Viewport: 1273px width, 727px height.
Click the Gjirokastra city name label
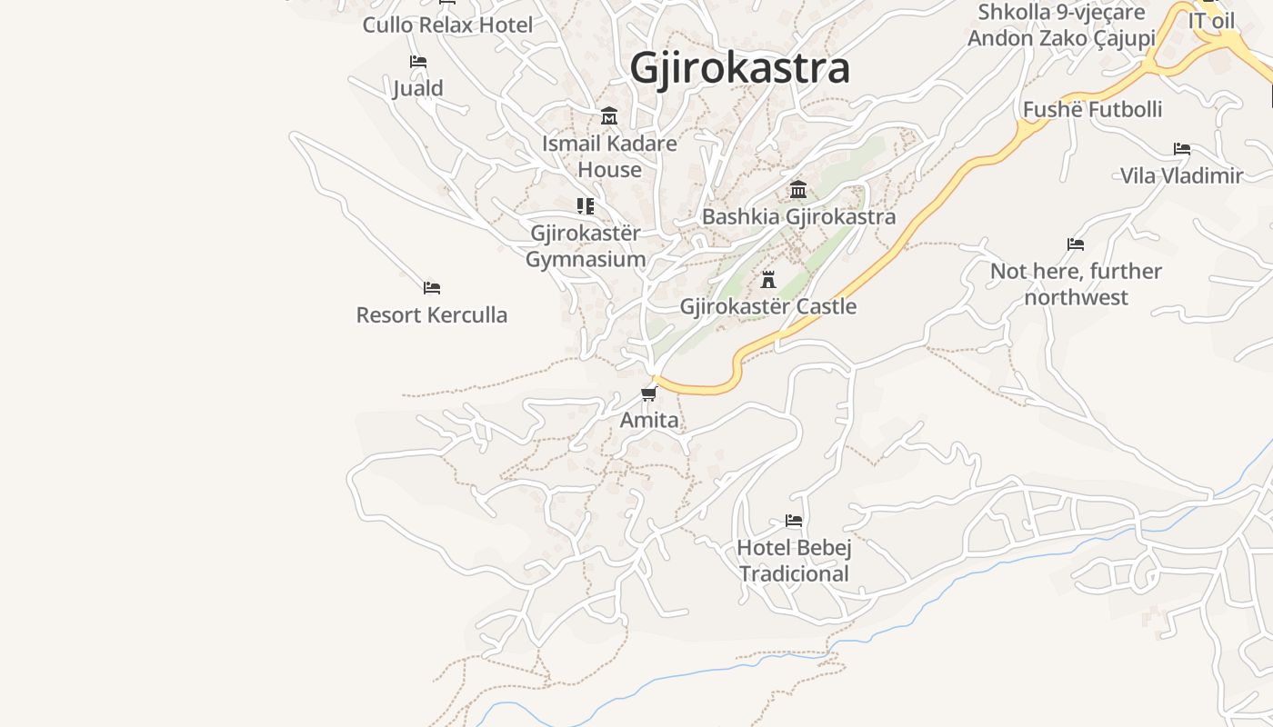click(739, 68)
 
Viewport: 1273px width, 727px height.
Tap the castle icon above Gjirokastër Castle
click(768, 279)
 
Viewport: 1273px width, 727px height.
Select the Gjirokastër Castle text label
click(768, 306)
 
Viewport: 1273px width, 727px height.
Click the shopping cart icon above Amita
click(649, 393)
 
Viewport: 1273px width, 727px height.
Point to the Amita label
click(649, 420)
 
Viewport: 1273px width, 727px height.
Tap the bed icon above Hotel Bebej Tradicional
click(794, 521)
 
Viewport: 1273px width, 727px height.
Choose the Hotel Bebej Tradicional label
click(794, 561)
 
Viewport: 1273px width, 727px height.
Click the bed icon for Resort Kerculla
click(432, 288)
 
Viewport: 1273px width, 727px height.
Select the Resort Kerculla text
click(432, 315)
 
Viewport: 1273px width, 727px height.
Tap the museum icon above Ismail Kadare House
click(609, 116)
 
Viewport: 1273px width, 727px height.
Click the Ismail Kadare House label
click(609, 156)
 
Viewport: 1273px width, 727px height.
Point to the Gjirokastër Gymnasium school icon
click(586, 206)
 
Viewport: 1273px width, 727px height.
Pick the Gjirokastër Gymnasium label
click(586, 246)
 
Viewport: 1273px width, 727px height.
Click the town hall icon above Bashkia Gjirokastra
click(798, 189)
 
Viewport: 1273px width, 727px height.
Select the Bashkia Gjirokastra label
click(798, 216)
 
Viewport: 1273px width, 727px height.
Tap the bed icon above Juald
click(418, 62)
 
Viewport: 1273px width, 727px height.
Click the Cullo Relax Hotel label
click(447, 25)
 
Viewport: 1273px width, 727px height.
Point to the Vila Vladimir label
click(1181, 175)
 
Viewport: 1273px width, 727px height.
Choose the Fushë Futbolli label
click(1092, 110)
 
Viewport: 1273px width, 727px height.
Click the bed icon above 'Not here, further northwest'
click(1076, 244)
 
